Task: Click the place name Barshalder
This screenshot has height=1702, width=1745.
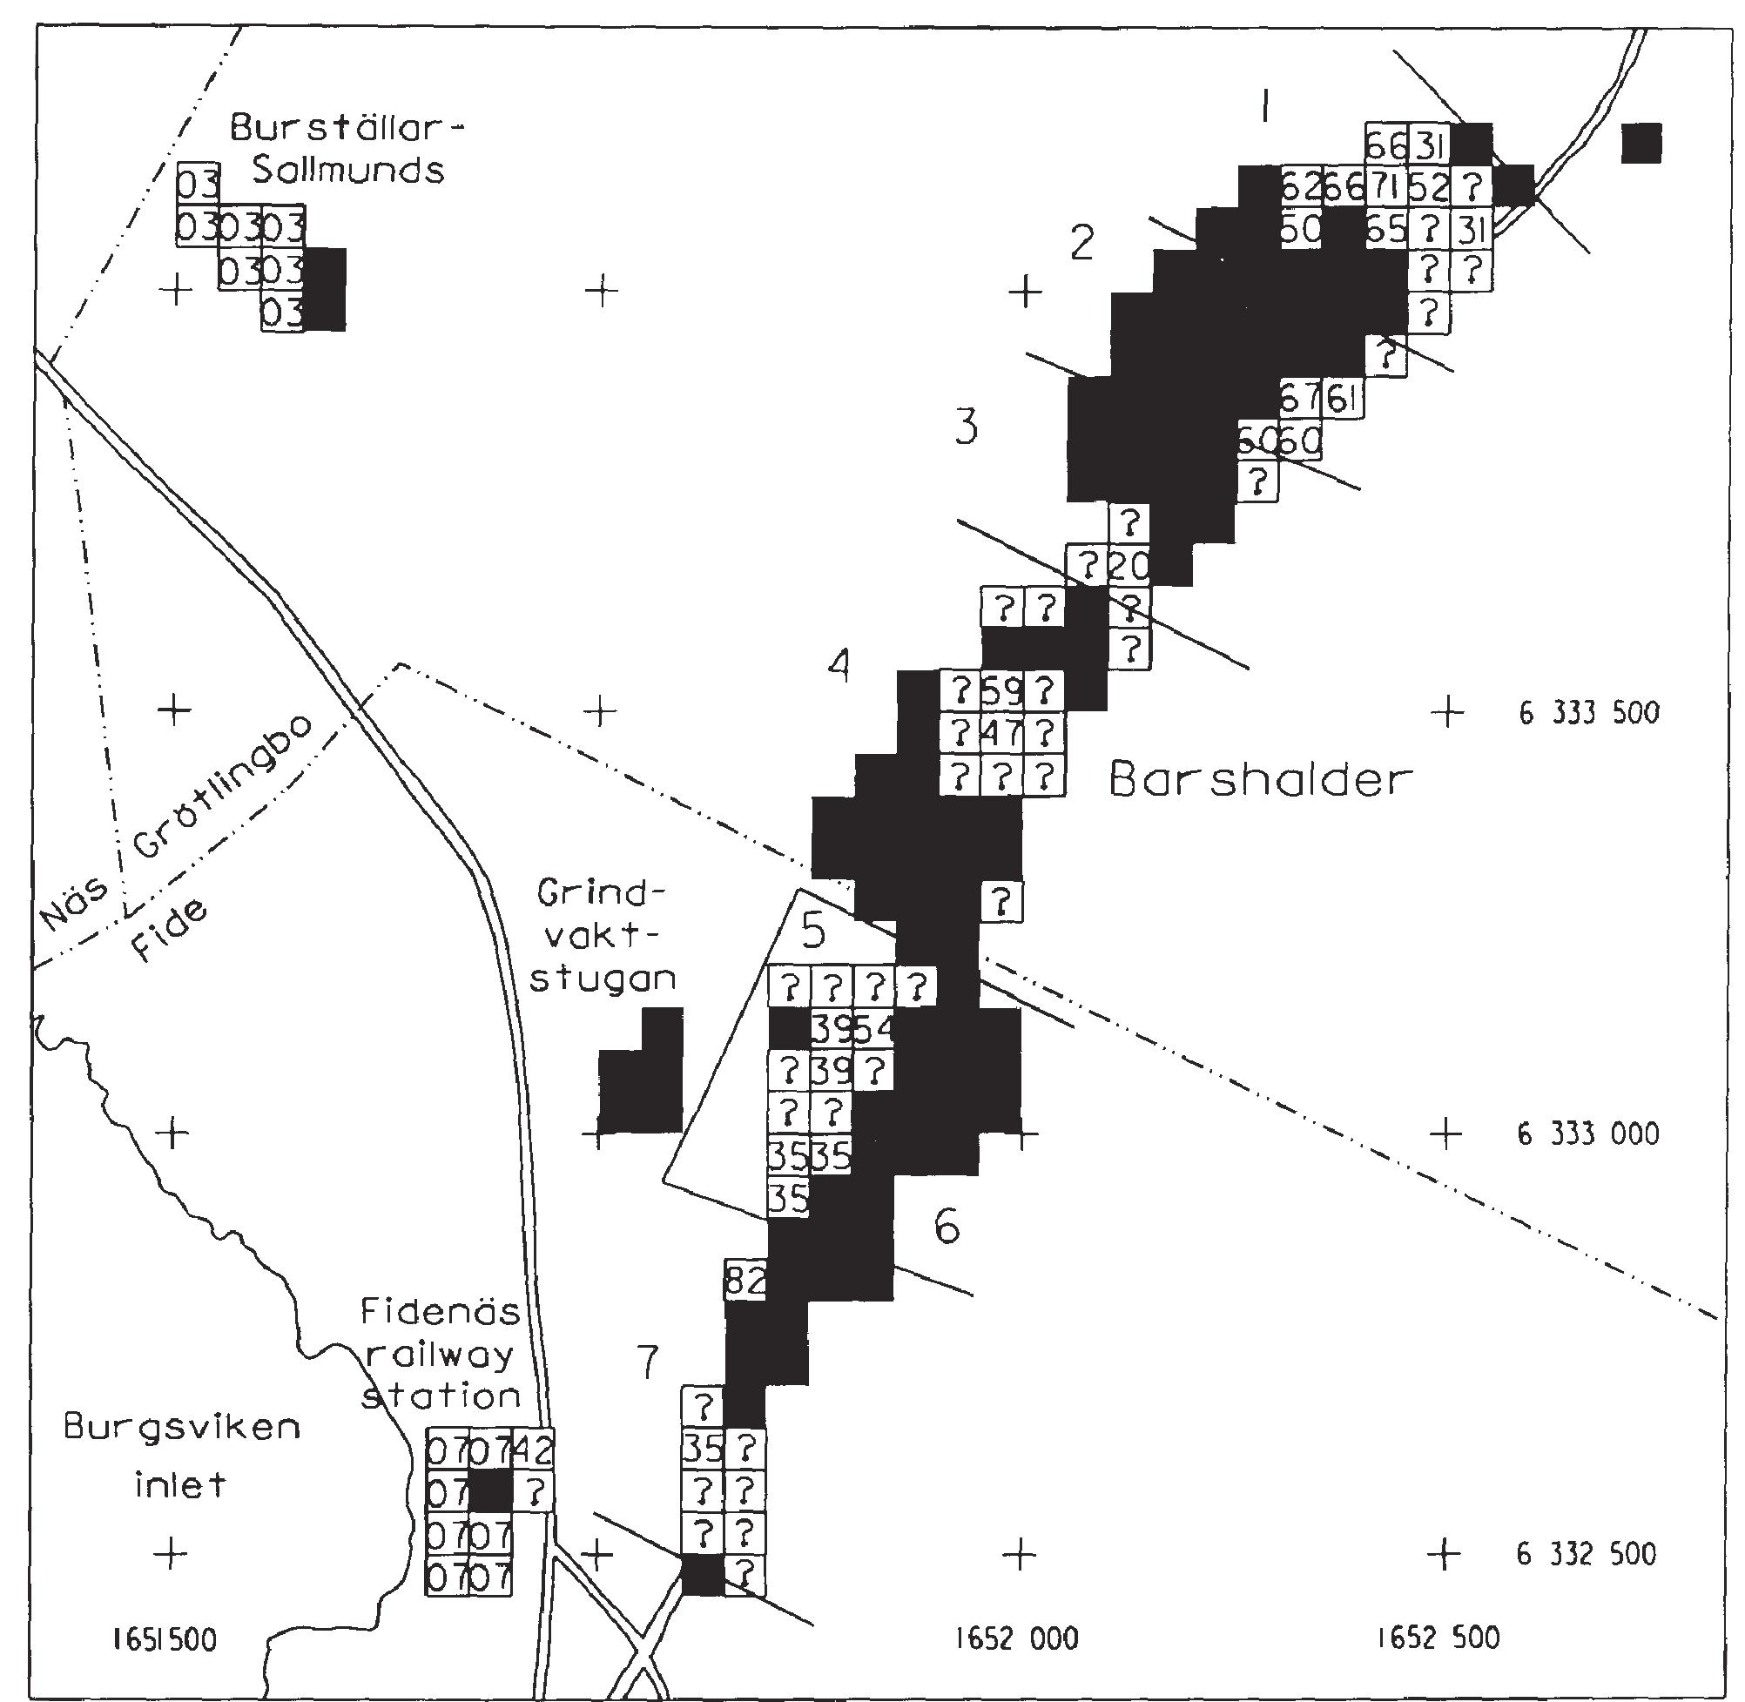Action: tap(1261, 779)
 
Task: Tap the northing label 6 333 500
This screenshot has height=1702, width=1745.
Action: tap(1587, 712)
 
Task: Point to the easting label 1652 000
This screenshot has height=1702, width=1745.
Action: tap(1016, 1638)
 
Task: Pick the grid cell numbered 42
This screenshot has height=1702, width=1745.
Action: tap(534, 1448)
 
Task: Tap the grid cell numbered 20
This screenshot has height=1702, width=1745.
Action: tap(1129, 565)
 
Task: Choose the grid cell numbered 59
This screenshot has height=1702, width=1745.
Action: tap(1001, 690)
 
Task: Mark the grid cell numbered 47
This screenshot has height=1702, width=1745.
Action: tap(1001, 734)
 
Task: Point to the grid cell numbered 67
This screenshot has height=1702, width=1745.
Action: tap(1300, 398)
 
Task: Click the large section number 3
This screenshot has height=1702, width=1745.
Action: tap(966, 427)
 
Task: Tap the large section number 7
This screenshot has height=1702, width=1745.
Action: tap(646, 1362)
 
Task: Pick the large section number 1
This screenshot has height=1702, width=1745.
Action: tap(1263, 108)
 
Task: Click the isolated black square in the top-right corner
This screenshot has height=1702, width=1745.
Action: tap(1641, 143)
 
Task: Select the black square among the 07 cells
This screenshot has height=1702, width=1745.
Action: tap(491, 1491)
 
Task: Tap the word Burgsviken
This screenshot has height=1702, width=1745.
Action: tap(181, 1428)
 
